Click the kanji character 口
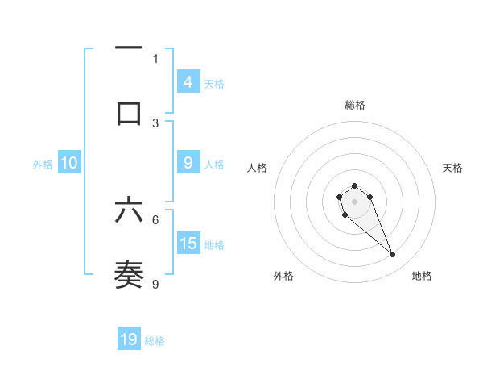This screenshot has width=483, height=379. coord(129,113)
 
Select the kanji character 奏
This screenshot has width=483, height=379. coord(129,274)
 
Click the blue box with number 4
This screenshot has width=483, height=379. coord(188,82)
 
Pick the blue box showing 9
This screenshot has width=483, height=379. coord(188,163)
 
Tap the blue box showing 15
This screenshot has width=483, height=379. coord(188,244)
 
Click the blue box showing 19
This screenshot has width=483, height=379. coord(129,339)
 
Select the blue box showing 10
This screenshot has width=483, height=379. coord(69,163)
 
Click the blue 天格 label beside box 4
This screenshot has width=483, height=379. coord(214,83)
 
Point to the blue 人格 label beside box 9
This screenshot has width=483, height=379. coord(214,164)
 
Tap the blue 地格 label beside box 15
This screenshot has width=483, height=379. coord(214,244)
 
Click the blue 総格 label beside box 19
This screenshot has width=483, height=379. coord(155,340)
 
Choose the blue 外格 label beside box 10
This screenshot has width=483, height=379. coord(43,164)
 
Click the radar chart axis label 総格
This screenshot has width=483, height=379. coord(354,105)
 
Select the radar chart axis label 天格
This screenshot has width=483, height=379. coord(453,168)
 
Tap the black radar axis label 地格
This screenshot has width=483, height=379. coord(422,276)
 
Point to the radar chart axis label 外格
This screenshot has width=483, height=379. coord(283,276)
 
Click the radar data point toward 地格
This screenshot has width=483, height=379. coord(393,255)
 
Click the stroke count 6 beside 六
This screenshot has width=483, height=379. coord(155,219)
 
